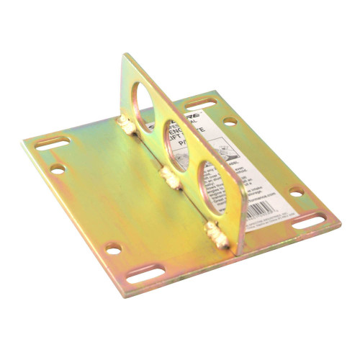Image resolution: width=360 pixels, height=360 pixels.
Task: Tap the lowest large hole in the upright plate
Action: click(x=217, y=176)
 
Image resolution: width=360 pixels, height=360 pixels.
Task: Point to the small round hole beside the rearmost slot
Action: click(x=230, y=120)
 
